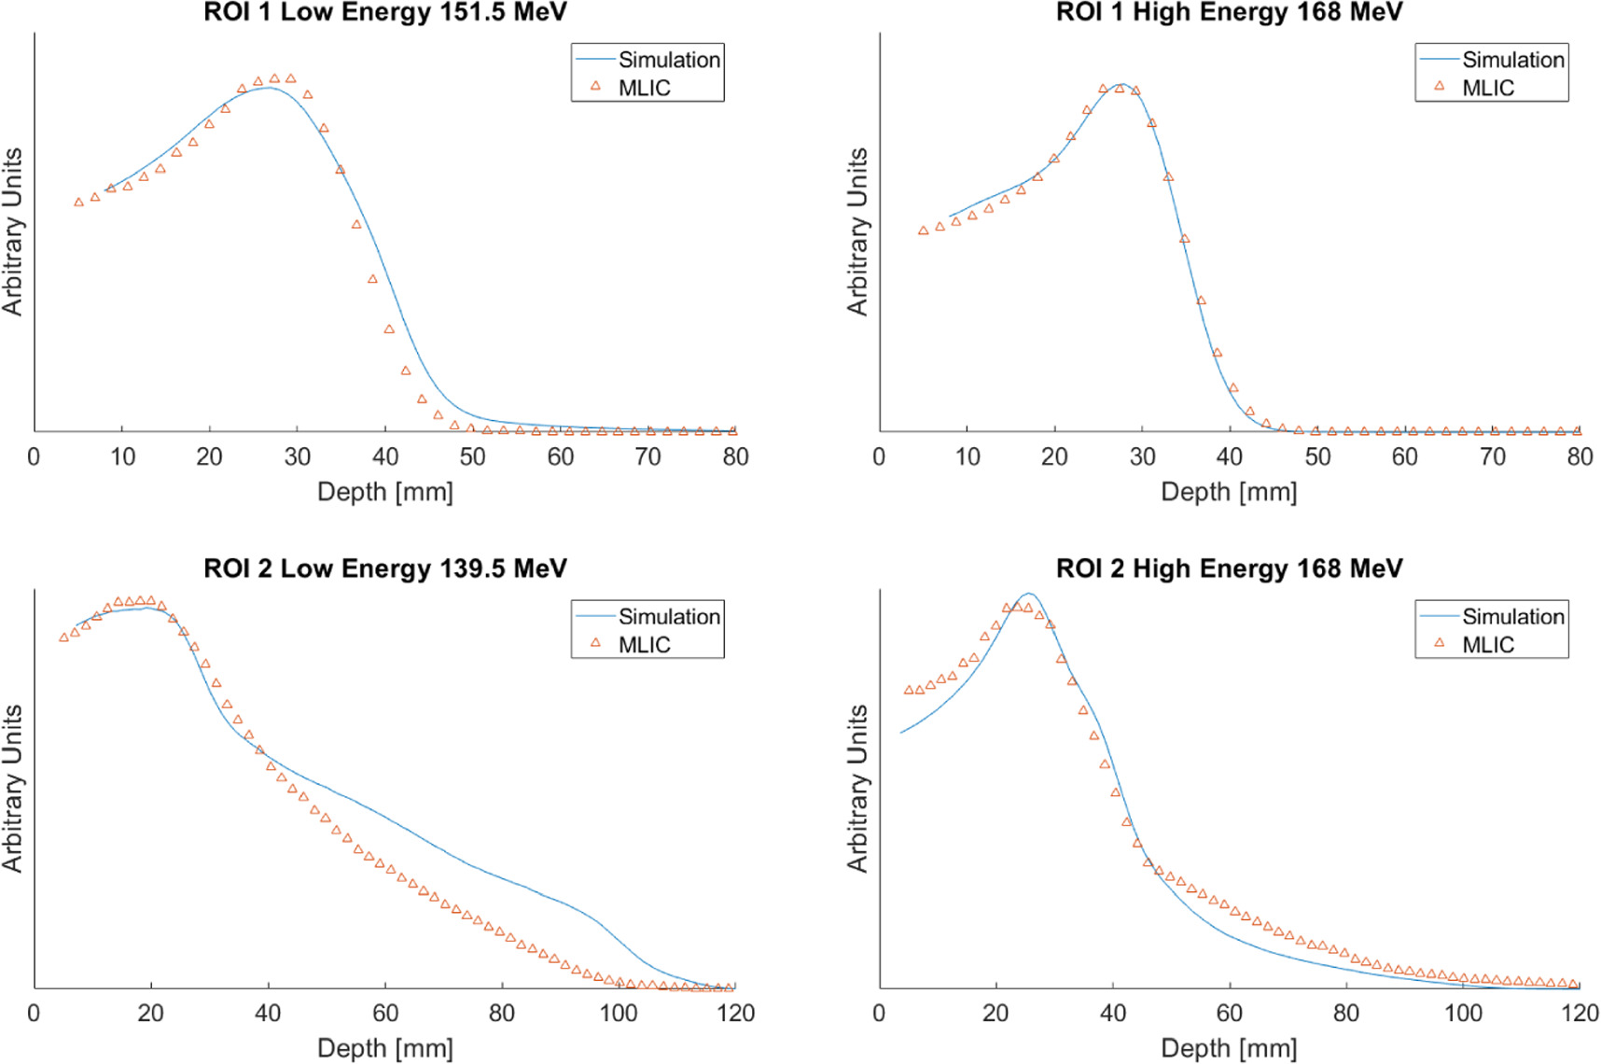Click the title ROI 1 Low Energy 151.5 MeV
click(x=384, y=12)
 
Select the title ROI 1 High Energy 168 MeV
click(x=1229, y=12)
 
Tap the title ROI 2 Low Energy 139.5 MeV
click(x=384, y=568)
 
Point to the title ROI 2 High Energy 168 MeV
click(x=1229, y=568)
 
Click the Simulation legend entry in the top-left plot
click(x=668, y=60)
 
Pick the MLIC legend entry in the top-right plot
click(x=1487, y=88)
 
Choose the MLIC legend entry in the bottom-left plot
click(x=644, y=645)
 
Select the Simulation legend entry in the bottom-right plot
click(x=1511, y=617)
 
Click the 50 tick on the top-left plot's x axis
click(x=472, y=456)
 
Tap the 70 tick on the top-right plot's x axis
click(x=1492, y=456)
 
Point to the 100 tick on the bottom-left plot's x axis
click(x=619, y=1014)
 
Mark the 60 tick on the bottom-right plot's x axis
click(x=1229, y=1014)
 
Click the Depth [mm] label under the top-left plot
click(x=384, y=492)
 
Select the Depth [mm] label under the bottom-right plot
click(x=1229, y=1048)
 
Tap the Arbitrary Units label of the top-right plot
click(x=856, y=231)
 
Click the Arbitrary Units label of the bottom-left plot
click(x=12, y=789)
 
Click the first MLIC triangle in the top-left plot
click(x=78, y=202)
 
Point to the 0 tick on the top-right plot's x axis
click(x=879, y=456)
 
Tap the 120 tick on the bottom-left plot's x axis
click(x=735, y=1014)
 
